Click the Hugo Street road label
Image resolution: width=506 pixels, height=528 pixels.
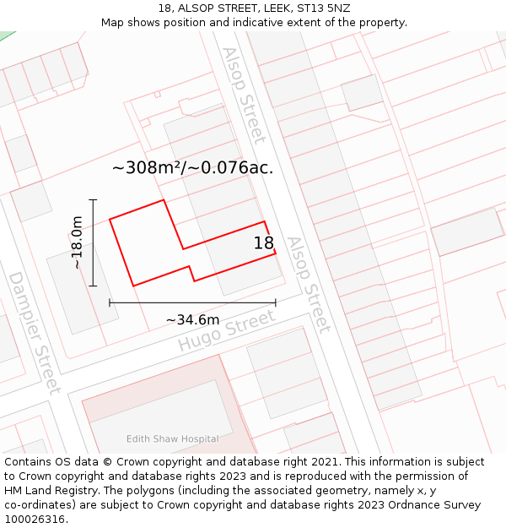(x=226, y=332)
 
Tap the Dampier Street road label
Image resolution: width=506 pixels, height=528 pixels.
(x=35, y=332)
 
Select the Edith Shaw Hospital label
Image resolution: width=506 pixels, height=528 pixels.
(x=172, y=438)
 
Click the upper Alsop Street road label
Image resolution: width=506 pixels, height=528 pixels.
(x=244, y=95)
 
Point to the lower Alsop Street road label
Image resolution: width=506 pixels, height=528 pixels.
(x=308, y=284)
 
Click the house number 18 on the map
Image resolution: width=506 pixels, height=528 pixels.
(x=264, y=243)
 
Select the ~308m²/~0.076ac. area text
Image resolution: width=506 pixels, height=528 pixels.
(x=192, y=167)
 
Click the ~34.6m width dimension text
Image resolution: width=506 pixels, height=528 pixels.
(x=192, y=319)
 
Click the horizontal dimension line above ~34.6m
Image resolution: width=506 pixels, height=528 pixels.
(x=192, y=302)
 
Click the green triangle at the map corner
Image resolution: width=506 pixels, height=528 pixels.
(x=6, y=35)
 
